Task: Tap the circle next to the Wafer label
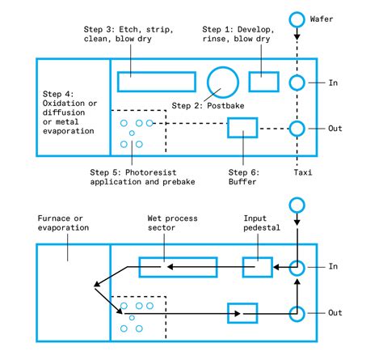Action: coord(297,18)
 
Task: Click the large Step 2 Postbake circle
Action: coord(222,82)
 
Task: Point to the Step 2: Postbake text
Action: coord(205,106)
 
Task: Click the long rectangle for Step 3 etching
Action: coord(156,82)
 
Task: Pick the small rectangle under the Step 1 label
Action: coord(263,82)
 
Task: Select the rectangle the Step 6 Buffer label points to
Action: coord(242,128)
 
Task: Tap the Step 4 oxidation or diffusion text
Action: coord(69,111)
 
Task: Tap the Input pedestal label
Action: coord(261,223)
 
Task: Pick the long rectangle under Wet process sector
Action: coord(177,266)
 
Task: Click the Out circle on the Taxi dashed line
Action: coord(297,128)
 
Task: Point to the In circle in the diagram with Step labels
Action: coord(297,82)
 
